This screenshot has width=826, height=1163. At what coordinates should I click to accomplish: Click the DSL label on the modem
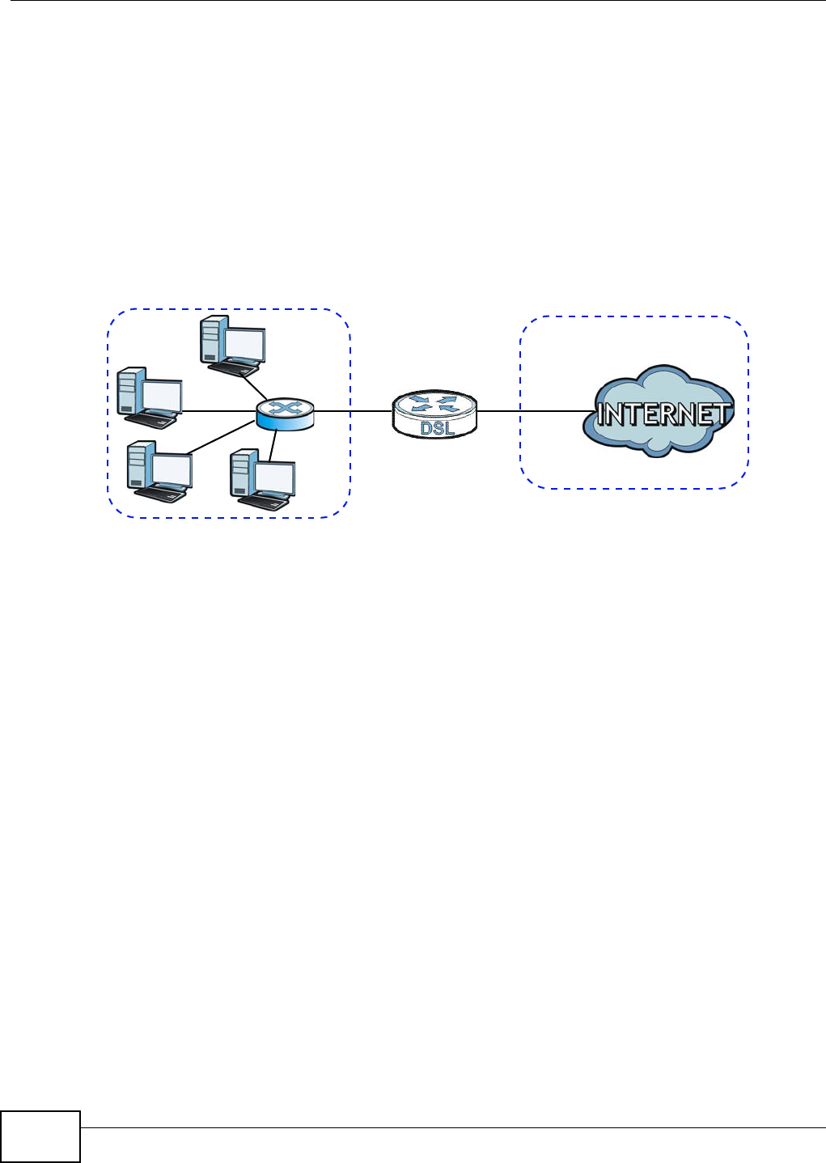pos(436,429)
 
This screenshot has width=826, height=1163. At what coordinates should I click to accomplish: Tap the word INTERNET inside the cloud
pos(663,415)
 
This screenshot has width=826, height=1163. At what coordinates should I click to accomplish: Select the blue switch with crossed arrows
pos(284,414)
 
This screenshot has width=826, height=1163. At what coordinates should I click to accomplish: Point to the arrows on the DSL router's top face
pos(434,403)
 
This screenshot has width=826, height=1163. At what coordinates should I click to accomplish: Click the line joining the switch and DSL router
pos(352,411)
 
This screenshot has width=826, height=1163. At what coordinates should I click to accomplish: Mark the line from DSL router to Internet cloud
pos(530,411)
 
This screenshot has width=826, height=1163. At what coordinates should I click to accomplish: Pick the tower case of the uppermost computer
pos(210,339)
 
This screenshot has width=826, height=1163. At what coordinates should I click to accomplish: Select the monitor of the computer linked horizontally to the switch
pos(161,397)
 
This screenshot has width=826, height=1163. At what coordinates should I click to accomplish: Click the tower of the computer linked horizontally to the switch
pos(128,392)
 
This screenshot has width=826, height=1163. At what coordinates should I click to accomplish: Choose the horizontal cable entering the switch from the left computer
pos(218,411)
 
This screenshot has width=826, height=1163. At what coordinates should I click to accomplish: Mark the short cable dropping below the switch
pos(276,444)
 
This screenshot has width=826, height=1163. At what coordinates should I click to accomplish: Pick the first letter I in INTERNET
pos(601,415)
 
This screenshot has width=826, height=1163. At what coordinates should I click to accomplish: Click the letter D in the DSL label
pos(426,429)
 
